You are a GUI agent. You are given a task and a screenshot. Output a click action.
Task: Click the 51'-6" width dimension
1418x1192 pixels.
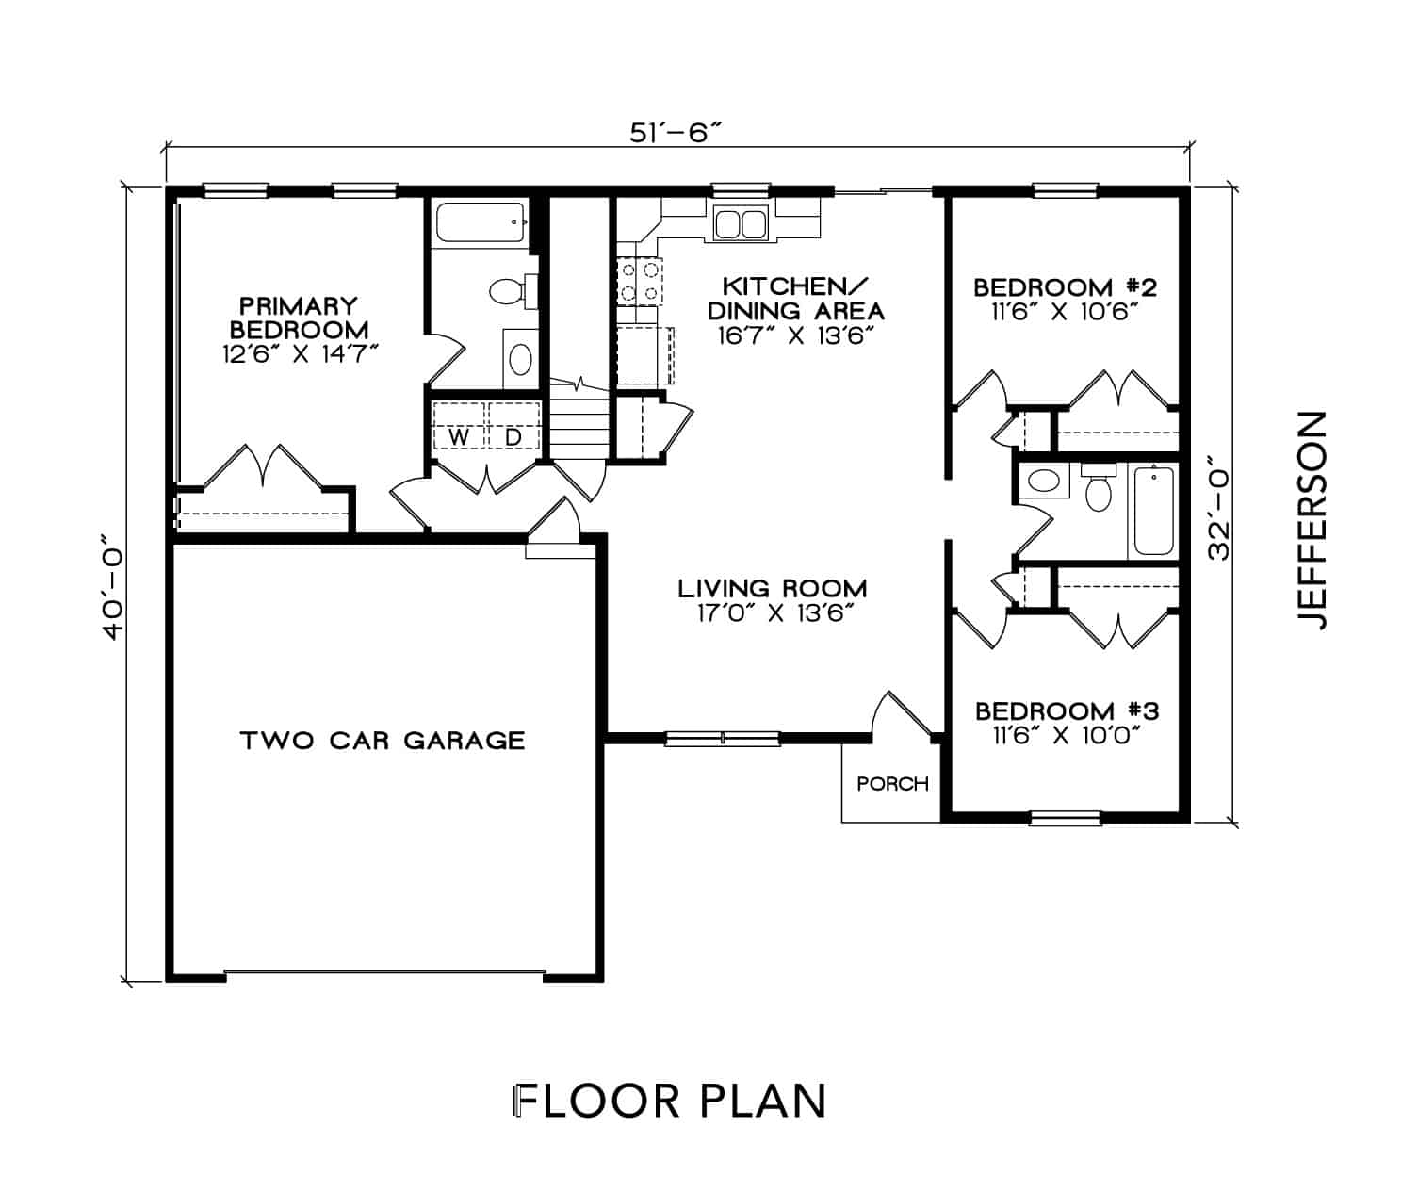click(x=675, y=133)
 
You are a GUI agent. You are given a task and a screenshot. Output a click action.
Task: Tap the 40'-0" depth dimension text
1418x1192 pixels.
click(x=113, y=587)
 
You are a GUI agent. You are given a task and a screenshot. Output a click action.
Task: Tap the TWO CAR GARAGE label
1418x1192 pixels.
click(x=383, y=741)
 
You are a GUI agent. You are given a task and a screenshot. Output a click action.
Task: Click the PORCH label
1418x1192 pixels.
click(x=892, y=785)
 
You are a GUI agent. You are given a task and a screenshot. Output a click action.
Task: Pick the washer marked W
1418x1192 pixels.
click(x=459, y=426)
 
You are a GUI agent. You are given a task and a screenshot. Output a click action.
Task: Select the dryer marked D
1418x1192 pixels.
click(x=513, y=426)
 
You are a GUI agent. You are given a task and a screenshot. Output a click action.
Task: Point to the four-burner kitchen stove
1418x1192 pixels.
click(x=640, y=282)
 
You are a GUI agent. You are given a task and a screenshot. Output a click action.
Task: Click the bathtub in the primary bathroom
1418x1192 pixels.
click(x=481, y=221)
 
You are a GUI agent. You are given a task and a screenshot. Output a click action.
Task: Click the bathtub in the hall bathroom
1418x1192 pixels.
click(x=1153, y=511)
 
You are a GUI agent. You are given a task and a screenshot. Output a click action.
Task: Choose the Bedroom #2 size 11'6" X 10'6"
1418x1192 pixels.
click(x=1064, y=313)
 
